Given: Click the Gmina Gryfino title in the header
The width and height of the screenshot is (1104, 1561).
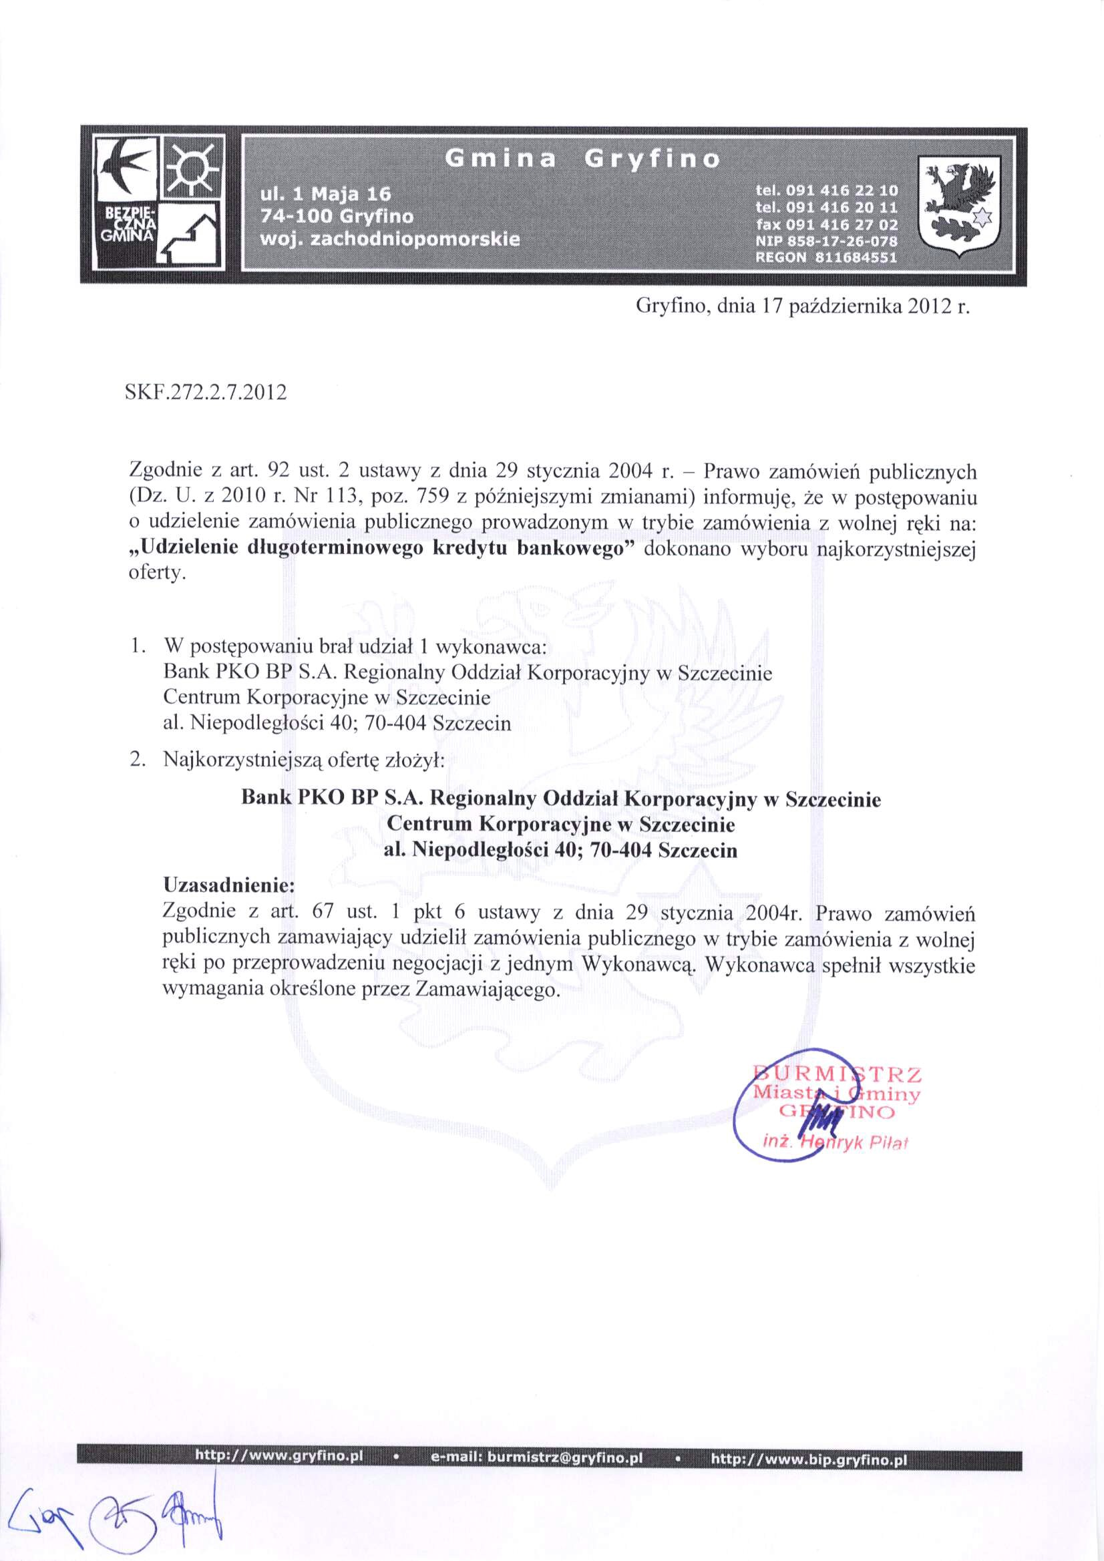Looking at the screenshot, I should (x=582, y=159).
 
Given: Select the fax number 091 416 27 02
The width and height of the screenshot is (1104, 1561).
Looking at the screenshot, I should (x=827, y=224).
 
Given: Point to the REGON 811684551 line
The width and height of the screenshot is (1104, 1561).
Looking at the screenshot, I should (x=826, y=258).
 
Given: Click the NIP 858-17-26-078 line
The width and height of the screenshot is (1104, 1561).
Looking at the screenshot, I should (x=826, y=241).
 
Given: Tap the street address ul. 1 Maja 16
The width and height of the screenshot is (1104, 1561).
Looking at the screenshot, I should (x=326, y=194).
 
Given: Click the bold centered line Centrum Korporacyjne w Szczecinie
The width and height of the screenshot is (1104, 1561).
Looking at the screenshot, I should (x=560, y=825).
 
